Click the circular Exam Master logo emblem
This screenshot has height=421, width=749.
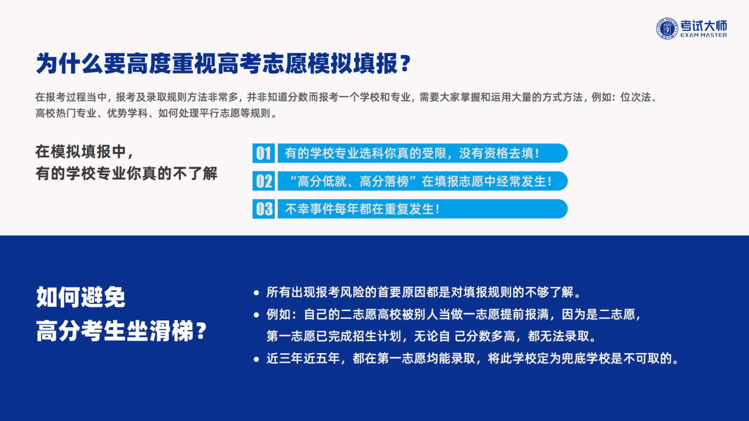tap(667, 29)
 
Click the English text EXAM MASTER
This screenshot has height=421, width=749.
tap(704, 35)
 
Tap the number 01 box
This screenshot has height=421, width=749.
tap(264, 153)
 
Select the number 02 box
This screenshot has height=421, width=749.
tap(264, 181)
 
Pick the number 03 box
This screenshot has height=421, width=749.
tap(264, 209)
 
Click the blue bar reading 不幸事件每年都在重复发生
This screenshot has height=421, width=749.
tap(423, 209)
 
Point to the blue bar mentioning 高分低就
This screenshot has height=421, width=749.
tap(423, 181)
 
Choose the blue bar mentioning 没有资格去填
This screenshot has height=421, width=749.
tap(423, 153)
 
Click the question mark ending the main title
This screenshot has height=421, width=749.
tap(405, 63)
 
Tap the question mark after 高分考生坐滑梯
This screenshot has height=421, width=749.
tap(201, 331)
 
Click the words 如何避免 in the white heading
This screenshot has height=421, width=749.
tap(81, 297)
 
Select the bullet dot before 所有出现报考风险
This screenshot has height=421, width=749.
tap(257, 293)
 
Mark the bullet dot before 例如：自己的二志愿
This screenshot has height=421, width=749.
tap(257, 315)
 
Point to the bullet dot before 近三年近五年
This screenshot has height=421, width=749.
tap(257, 359)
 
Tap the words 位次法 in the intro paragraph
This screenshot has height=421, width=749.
tap(636, 97)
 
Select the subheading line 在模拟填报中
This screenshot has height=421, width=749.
tap(85, 152)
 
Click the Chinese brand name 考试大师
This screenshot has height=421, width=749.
tap(704, 25)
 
